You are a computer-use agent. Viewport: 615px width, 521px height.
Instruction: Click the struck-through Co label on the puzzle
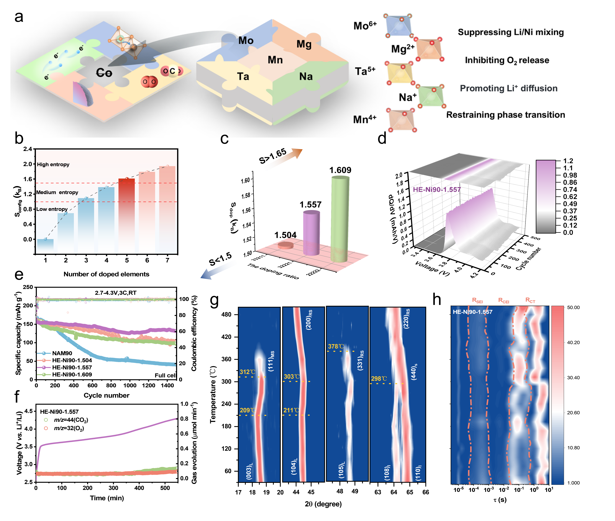104,73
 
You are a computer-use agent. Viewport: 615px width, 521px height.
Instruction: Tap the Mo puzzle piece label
246,40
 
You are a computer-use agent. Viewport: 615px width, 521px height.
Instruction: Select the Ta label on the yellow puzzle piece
243,77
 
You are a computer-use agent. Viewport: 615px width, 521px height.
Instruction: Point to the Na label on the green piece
306,77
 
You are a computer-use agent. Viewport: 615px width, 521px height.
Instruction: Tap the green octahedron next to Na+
431,96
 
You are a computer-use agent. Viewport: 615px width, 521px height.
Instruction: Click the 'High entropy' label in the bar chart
53,165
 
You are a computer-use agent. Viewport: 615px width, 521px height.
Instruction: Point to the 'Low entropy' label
52,209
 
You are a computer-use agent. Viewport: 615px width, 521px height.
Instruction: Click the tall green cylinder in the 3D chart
340,219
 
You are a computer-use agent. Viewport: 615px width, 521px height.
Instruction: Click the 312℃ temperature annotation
247,372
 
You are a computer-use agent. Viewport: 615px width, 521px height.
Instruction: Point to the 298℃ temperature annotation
379,379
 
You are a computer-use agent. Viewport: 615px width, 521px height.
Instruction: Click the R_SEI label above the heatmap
477,300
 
